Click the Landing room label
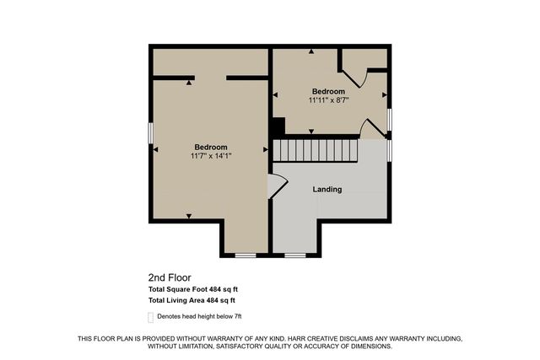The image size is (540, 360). point(327,190)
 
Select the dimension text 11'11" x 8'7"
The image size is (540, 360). point(328,99)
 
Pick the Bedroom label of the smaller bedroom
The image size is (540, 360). point(328,91)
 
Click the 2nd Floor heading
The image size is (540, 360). point(170,277)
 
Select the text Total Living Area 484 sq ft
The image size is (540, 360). point(192,300)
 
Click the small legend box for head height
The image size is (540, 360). point(151,317)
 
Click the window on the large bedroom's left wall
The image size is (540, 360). point(151,134)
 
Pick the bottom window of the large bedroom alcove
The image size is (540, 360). point(246,255)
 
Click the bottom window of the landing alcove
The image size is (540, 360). point(294,255)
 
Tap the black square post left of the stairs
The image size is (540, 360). point(278,126)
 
